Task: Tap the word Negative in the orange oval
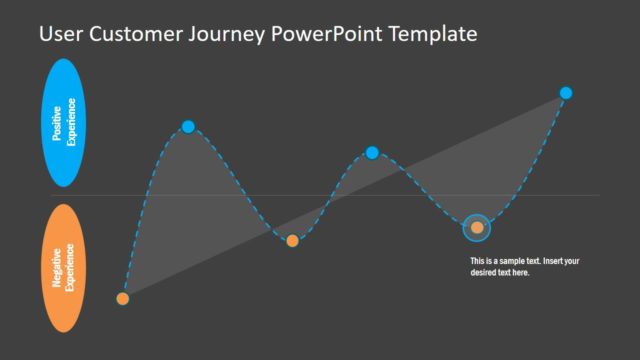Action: [57, 267]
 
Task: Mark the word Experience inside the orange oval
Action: [71, 267]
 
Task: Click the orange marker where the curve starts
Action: [123, 298]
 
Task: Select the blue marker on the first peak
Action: [188, 126]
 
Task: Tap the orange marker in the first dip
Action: [292, 240]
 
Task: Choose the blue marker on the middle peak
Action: [372, 152]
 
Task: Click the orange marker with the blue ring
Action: [477, 228]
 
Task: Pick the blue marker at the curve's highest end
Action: [566, 93]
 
